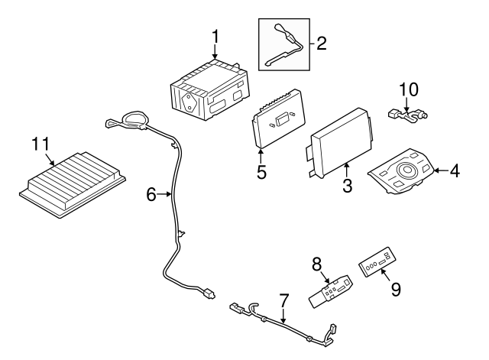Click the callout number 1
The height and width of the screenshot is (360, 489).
pos(215,36)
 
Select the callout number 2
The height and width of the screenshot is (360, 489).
pos(321,44)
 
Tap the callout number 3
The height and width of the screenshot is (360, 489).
pos(347,184)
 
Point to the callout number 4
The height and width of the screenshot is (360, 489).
pos(454,171)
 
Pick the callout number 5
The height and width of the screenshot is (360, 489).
pos(261,172)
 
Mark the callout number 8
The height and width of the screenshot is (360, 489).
pos(317,264)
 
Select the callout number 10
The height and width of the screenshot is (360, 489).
pos(409,89)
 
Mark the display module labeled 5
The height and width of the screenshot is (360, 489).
pos(278,119)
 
